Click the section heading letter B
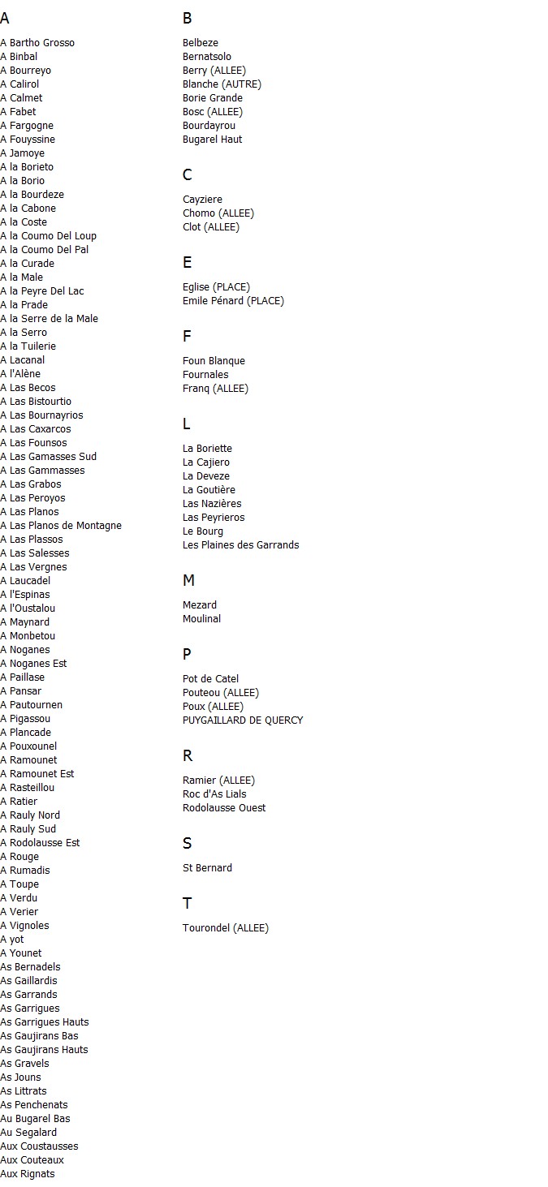point(188,19)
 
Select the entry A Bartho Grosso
point(37,43)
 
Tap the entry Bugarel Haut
point(212,140)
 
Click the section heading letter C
point(188,175)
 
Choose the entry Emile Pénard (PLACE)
point(233,301)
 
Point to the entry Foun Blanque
point(214,361)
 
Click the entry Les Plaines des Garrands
point(240,545)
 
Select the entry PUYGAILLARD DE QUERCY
point(243,720)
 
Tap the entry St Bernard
point(207,868)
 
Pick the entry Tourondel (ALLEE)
point(225,928)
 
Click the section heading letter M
point(188,581)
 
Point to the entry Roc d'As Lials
point(214,794)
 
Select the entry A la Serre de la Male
point(49,319)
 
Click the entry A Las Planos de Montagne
point(61,526)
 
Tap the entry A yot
point(12,940)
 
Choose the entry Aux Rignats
point(28,1174)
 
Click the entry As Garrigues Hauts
point(45,1022)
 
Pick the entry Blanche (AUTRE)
point(222,84)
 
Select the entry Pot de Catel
point(210,679)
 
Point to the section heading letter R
point(188,756)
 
